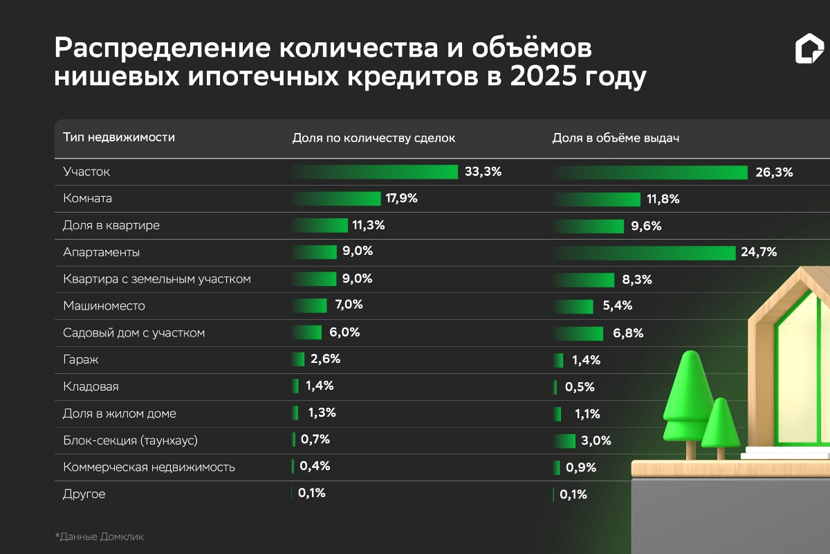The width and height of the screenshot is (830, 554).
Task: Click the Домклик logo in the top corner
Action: pyautogui.click(x=809, y=51)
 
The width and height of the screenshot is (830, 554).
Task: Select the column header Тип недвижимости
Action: pyautogui.click(x=119, y=137)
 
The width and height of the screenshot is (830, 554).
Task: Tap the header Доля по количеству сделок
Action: pyautogui.click(x=374, y=138)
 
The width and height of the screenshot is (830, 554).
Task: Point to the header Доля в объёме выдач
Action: pyautogui.click(x=616, y=138)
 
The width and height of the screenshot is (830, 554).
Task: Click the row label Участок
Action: pyautogui.click(x=86, y=172)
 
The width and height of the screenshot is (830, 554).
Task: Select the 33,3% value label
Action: pyautogui.click(x=483, y=172)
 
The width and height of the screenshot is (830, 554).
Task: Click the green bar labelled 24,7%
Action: pyautogui.click(x=644, y=253)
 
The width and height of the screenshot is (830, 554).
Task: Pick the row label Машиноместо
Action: pyautogui.click(x=104, y=306)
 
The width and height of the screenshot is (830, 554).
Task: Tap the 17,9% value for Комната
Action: pyautogui.click(x=401, y=199)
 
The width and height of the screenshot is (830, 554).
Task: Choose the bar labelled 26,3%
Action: pyautogui.click(x=650, y=172)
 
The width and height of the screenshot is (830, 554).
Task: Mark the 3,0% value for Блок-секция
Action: pyautogui.click(x=598, y=441)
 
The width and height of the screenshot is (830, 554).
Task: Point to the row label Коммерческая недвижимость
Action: pyautogui.click(x=149, y=467)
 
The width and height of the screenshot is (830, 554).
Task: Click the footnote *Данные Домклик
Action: pyautogui.click(x=100, y=536)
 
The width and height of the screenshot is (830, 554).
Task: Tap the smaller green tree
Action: pyautogui.click(x=720, y=424)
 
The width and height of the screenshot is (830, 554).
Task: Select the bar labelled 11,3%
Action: pyautogui.click(x=320, y=226)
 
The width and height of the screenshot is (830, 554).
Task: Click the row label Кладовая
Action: pyautogui.click(x=86, y=387)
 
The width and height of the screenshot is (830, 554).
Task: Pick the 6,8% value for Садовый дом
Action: pyautogui.click(x=628, y=333)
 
